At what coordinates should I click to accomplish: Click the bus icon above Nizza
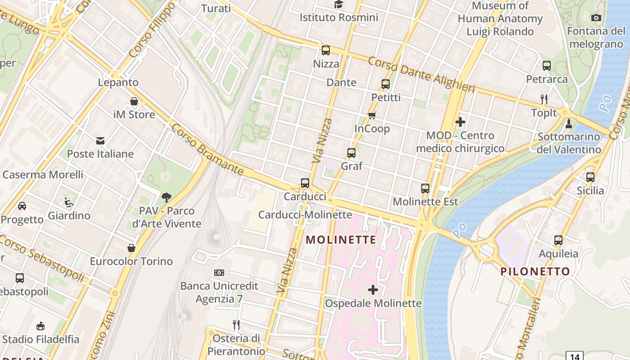point(325,50)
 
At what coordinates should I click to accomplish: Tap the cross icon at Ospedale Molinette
point(373,290)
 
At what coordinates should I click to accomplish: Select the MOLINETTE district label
point(341,240)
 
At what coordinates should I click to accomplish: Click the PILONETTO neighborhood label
point(535,271)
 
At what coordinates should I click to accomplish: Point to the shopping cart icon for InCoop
point(372,115)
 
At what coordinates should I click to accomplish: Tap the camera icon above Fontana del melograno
point(596,18)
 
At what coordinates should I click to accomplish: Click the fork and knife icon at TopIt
point(544,99)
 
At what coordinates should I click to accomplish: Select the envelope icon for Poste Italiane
point(100,141)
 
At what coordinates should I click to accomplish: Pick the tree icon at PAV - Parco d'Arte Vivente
point(166,197)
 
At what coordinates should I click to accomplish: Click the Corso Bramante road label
point(207,150)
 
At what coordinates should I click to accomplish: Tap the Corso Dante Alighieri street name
point(421,75)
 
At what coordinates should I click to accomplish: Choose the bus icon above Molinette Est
point(425,188)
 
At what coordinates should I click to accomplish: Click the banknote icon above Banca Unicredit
point(219,273)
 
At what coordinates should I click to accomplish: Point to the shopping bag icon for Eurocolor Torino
point(131,248)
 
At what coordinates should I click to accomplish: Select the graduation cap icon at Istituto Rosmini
point(338,4)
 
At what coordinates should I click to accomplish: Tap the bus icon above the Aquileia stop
point(558,240)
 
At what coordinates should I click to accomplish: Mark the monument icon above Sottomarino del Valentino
point(569,123)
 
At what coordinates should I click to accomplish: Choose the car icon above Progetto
point(22,206)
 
